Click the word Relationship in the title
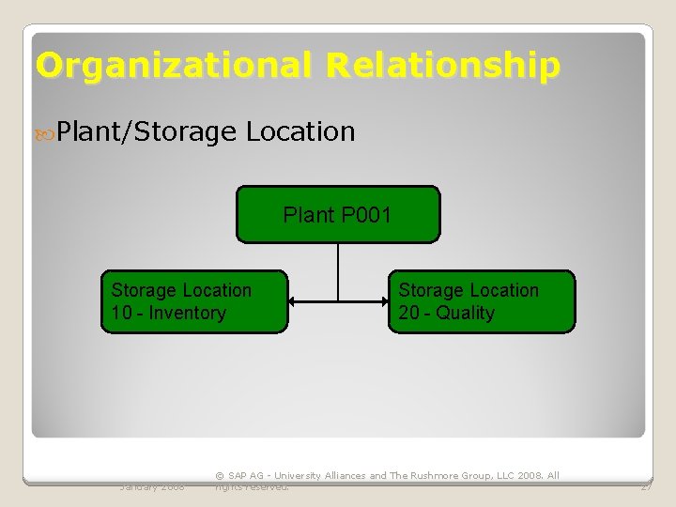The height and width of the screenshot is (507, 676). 443,66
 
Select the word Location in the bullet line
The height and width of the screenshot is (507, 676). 300,131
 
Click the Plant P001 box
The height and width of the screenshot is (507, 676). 337,215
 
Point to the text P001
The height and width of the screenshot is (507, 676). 366,216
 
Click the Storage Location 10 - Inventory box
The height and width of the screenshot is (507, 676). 194,302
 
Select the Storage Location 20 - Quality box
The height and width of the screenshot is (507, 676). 482,302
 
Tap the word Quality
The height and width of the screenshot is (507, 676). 465,314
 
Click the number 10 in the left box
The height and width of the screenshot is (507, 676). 121,314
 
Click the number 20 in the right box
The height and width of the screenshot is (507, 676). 408,314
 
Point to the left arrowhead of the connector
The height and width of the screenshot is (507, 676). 294,301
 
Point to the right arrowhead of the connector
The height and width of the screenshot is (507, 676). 382,301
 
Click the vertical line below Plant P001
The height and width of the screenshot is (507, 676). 338,272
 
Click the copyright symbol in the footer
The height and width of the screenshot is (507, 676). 220,476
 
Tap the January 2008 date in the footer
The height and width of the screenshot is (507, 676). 152,486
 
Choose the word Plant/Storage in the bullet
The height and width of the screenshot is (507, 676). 146,132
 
